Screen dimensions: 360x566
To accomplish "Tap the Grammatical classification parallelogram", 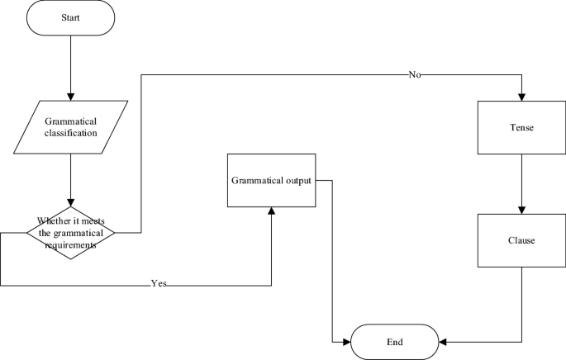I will pyautogui.click(x=71, y=125).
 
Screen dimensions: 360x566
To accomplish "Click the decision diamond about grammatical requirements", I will pyautogui.click(x=71, y=233).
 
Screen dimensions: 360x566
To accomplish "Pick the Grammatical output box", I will pyautogui.click(x=272, y=179).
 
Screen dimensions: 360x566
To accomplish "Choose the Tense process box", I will pyautogui.click(x=522, y=128).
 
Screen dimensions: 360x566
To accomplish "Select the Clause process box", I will pyautogui.click(x=522, y=240).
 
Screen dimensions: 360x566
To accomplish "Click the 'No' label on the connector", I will pyautogui.click(x=416, y=74).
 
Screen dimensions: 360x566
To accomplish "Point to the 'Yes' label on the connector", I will pyautogui.click(x=159, y=284).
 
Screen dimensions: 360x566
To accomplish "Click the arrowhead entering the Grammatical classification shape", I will pyautogui.click(x=71, y=96).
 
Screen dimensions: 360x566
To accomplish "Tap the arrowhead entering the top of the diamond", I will pyautogui.click(x=71, y=203).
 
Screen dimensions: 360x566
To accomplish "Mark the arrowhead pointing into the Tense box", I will pyautogui.click(x=522, y=97).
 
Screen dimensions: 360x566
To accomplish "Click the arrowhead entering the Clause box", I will pyautogui.click(x=522, y=210).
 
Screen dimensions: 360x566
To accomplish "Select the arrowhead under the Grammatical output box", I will pyautogui.click(x=272, y=212).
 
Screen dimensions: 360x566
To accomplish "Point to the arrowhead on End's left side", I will pyautogui.click(x=349, y=341).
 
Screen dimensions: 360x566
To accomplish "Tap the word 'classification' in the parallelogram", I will pyautogui.click(x=71, y=131).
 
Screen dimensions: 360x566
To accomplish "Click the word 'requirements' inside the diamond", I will pyautogui.click(x=71, y=245).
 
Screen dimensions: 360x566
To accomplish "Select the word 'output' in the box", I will pyautogui.click(x=293, y=179).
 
